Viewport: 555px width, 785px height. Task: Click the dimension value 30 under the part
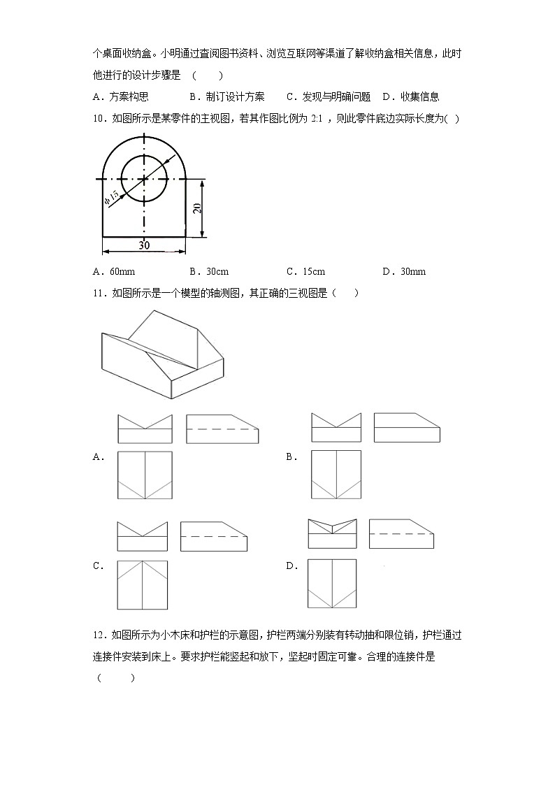(x=144, y=245)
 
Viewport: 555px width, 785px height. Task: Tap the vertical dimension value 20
(x=198, y=208)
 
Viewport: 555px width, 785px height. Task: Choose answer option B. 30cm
(x=209, y=271)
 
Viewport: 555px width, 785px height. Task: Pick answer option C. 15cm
(x=305, y=271)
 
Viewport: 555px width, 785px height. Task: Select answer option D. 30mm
(x=404, y=271)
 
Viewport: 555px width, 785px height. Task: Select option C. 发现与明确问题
(x=328, y=97)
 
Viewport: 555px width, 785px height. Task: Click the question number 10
(x=97, y=119)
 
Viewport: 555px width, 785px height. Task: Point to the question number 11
(x=97, y=293)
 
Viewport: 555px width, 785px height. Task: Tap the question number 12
(x=97, y=635)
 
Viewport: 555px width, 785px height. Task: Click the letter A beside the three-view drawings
(x=98, y=457)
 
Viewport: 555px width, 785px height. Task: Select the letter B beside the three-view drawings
(x=291, y=457)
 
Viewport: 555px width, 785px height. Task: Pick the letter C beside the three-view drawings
(x=98, y=566)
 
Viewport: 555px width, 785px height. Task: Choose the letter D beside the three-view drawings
(x=291, y=566)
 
